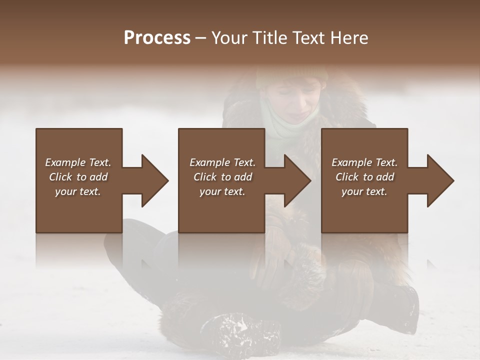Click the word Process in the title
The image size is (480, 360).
coord(157,38)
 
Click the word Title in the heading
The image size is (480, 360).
coord(268,38)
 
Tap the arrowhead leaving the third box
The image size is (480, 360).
coord(439,180)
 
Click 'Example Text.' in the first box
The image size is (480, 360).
coord(78,162)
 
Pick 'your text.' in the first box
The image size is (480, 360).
coord(78,191)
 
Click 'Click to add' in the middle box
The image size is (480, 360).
coord(222,177)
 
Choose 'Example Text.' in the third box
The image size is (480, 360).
coord(364,162)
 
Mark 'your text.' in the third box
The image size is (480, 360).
coord(364,191)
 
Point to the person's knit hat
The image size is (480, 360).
coord(292,75)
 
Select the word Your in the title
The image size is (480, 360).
coord(229,38)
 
